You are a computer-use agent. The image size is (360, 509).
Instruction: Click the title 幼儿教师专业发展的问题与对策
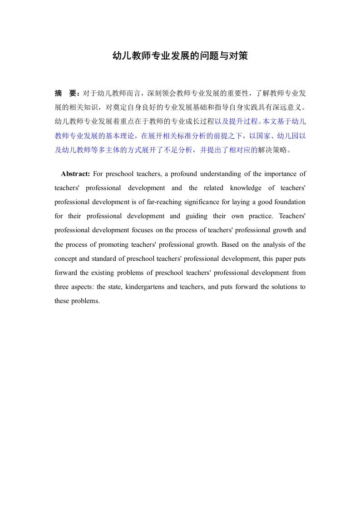coord(180,56)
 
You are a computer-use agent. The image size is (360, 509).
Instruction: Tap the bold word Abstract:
coord(76,174)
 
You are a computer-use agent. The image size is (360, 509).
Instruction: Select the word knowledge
coord(246,188)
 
